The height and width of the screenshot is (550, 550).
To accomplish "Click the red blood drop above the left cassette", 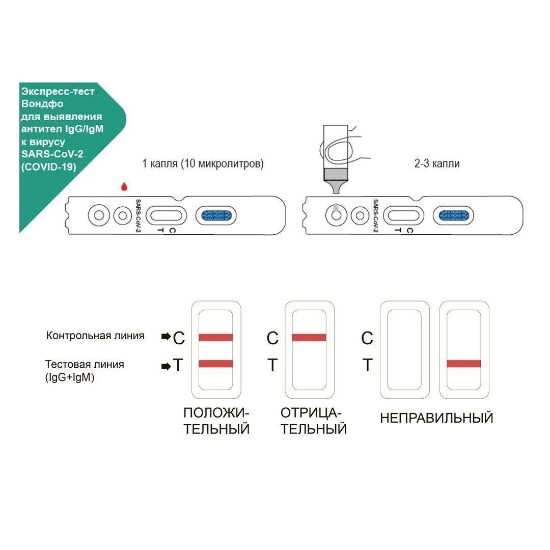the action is [124, 187].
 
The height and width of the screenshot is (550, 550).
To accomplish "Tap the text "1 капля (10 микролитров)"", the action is [203, 164].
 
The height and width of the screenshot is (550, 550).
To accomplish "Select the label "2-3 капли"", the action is [437, 164].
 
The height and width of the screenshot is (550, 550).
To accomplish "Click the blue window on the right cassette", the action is [454, 216].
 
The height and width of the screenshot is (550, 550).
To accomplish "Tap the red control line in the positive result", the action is [215, 337].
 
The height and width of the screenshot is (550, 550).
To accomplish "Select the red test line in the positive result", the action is [215, 364].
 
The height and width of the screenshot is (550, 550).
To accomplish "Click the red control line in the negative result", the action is [309, 337].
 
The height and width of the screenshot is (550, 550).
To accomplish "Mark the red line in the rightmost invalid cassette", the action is [463, 364].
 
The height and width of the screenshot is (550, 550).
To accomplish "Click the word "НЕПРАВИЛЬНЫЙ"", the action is [436, 418].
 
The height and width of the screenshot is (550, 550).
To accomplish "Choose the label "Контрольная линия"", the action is [95, 336].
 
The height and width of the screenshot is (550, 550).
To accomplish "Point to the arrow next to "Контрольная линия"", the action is [166, 337].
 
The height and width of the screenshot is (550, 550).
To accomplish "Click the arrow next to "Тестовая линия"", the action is [166, 366].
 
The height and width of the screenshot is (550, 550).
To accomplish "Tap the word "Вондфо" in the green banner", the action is [43, 104].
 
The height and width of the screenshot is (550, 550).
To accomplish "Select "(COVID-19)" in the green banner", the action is [49, 167].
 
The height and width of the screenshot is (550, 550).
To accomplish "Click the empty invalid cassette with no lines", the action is [405, 349].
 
